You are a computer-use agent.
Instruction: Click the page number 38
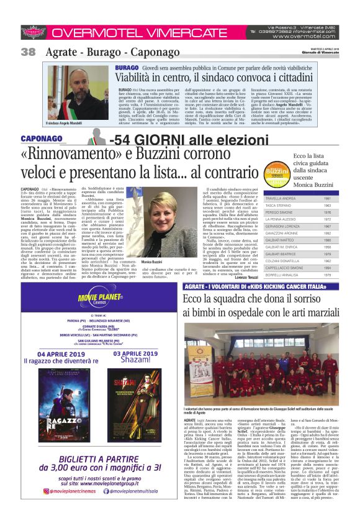tap(28, 51)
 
